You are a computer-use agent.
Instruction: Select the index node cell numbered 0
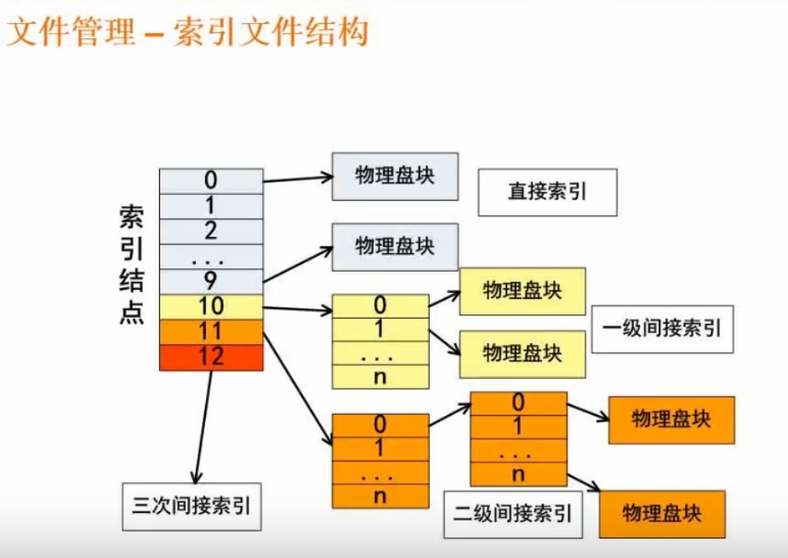tap(211, 181)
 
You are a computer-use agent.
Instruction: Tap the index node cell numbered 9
tap(211, 281)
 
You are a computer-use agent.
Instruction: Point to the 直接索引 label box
tap(547, 192)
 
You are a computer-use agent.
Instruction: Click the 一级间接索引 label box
tap(661, 329)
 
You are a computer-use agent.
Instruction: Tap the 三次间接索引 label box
tap(191, 505)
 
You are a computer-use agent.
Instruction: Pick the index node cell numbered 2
tap(211, 231)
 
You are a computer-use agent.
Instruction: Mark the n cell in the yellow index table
tap(380, 377)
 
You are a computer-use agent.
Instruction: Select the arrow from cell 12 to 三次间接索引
tap(203, 426)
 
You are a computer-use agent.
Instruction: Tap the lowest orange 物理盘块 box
tap(661, 514)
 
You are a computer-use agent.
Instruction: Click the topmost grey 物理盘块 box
tap(394, 176)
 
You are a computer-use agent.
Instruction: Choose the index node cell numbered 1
tap(211, 206)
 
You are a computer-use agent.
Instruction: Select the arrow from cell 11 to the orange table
tap(296, 388)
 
